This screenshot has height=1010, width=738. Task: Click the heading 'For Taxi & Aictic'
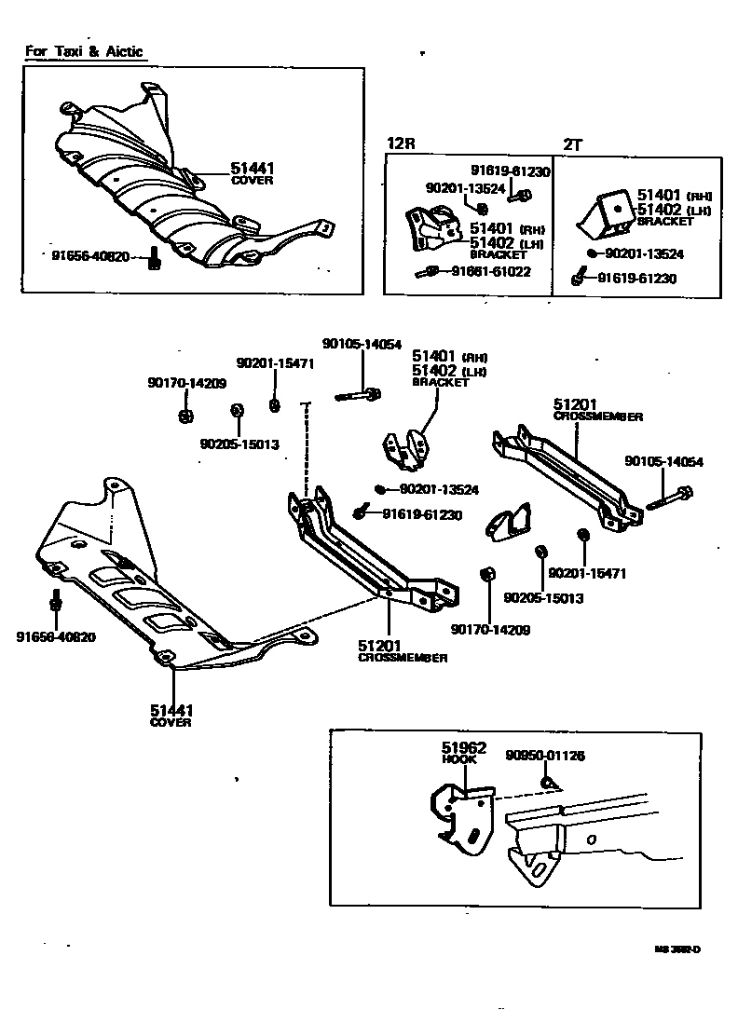tap(85, 51)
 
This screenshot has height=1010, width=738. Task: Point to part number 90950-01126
tap(545, 756)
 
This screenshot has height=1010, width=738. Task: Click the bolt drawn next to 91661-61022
tap(430, 272)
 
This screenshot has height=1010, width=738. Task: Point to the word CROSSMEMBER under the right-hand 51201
tap(597, 417)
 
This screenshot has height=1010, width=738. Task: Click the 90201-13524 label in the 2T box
tap(644, 252)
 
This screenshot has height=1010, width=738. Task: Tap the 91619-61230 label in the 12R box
tap(510, 171)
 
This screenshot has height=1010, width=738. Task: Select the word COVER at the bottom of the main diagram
tap(171, 722)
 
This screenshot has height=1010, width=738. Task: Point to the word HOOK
tap(458, 759)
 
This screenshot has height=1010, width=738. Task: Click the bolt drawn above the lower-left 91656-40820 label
tap(55, 602)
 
